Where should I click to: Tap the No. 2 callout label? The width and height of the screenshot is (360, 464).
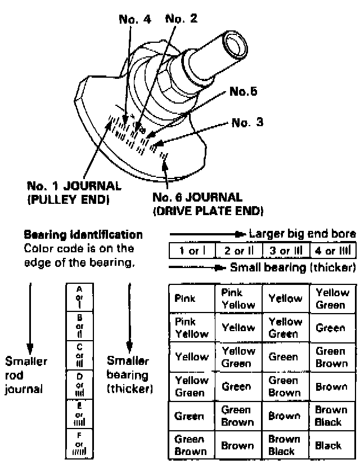coord(182,20)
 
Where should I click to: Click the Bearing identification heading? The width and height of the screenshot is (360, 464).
coord(83,233)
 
